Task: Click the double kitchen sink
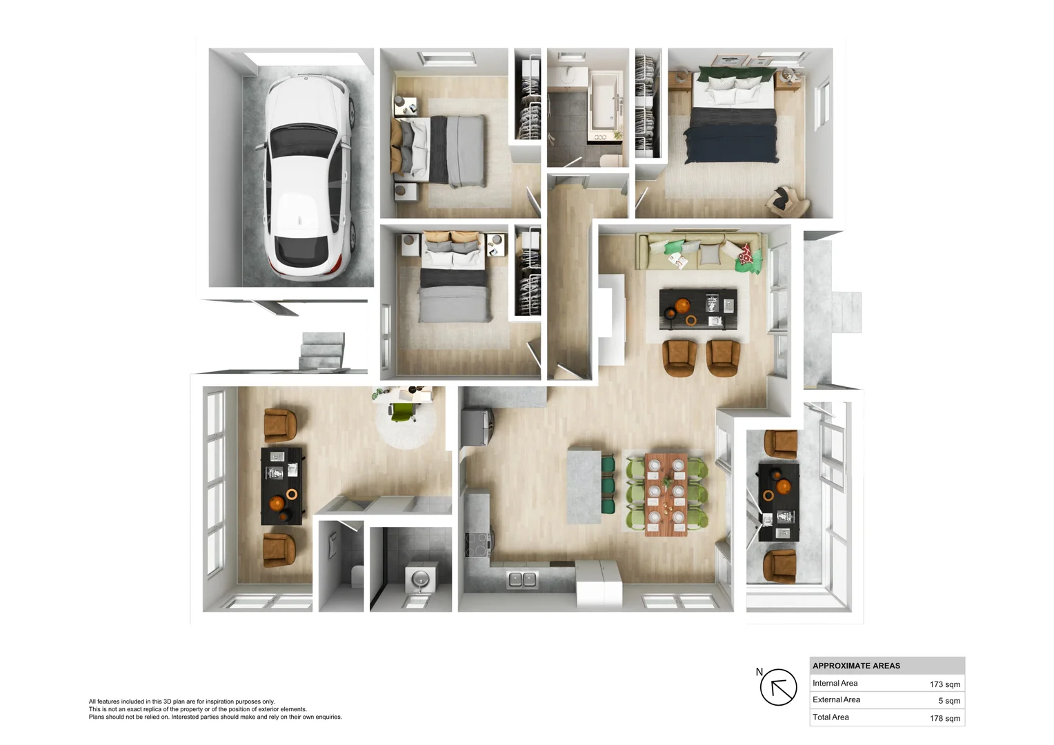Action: [x=522, y=579]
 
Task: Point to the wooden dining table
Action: [x=666, y=493]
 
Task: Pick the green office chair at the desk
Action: [x=401, y=412]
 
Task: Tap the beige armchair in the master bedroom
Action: [x=787, y=201]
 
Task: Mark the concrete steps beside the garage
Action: [x=321, y=350]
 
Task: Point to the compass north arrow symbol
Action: [x=778, y=687]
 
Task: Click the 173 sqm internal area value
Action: [x=944, y=684]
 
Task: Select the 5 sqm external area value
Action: [x=948, y=701]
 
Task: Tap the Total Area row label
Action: [x=831, y=717]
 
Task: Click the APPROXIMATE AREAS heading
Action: [x=856, y=666]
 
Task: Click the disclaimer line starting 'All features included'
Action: [x=181, y=702]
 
